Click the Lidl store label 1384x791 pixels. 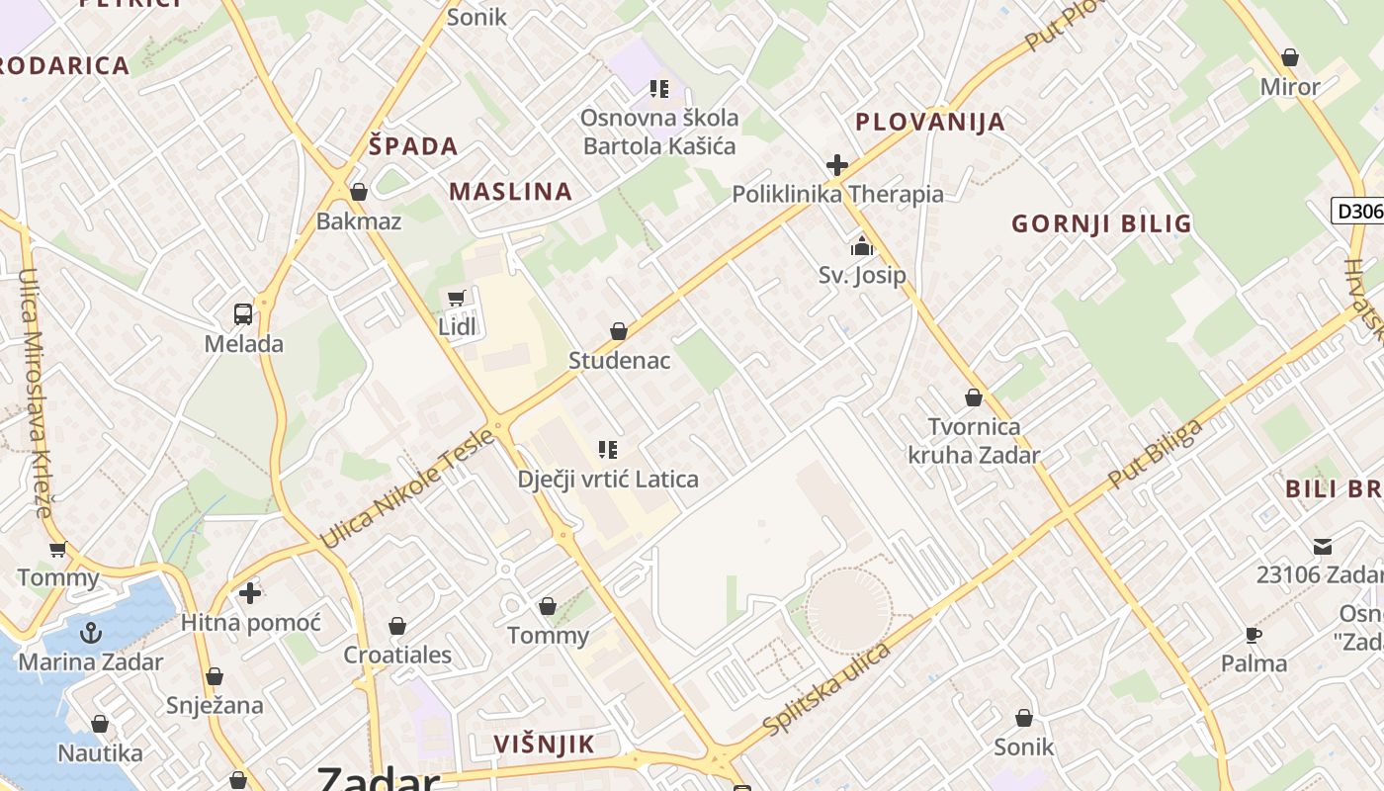click(x=457, y=326)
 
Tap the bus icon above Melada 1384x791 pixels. click(x=243, y=315)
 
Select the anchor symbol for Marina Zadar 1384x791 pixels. click(x=91, y=632)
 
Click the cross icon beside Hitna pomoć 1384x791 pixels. click(x=250, y=593)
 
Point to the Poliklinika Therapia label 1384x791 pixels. click(x=837, y=194)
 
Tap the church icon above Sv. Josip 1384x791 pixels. click(x=862, y=246)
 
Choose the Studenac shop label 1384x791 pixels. click(x=619, y=361)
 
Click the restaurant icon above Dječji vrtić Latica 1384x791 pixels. click(x=608, y=450)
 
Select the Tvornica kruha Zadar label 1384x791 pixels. click(x=974, y=441)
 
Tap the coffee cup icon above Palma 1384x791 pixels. click(x=1254, y=635)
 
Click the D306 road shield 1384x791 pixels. click(x=1357, y=211)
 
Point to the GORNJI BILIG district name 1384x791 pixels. click(x=1101, y=224)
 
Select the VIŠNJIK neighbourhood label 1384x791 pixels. click(x=544, y=745)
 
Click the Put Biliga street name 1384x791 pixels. click(x=1155, y=453)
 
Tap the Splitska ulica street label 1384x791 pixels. click(x=827, y=688)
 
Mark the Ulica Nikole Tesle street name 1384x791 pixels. click(x=407, y=488)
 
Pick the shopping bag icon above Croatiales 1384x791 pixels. click(x=397, y=626)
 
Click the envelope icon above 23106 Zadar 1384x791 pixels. click(x=1323, y=547)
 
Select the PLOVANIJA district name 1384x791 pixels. click(x=929, y=123)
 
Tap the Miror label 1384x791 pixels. click(x=1290, y=87)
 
